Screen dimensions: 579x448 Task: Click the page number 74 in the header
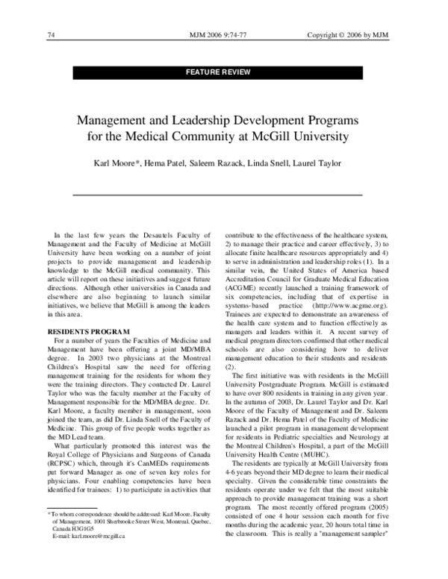[52, 35]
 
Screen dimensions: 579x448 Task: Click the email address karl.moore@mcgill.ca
[93, 557]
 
